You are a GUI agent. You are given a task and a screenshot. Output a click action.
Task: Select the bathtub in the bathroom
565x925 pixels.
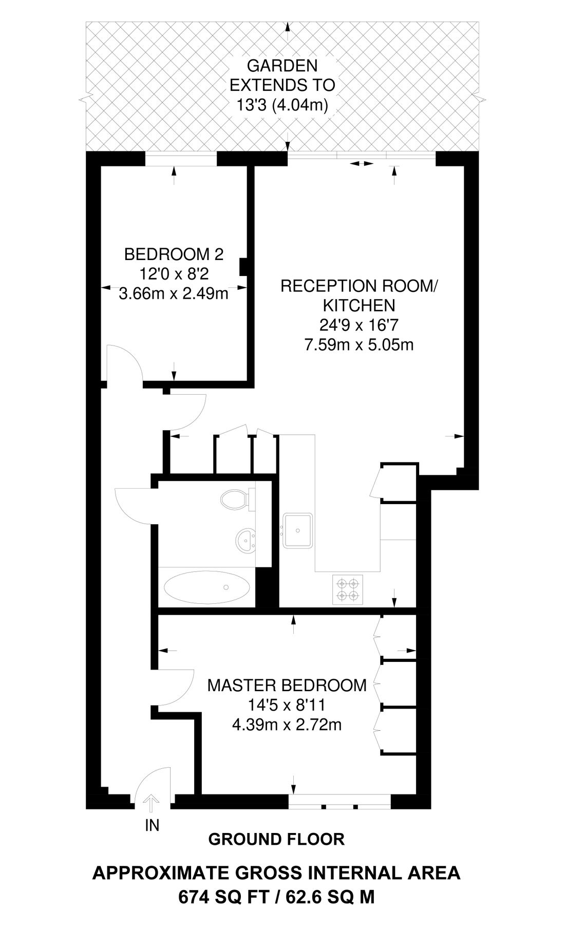point(207,587)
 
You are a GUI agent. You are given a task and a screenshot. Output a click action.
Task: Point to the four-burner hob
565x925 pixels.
point(347,589)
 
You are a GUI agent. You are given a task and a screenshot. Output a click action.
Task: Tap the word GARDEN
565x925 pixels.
point(282,66)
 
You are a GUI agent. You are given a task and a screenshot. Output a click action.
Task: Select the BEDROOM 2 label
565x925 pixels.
point(174,254)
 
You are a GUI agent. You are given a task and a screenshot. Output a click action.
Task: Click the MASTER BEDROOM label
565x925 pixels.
point(287,685)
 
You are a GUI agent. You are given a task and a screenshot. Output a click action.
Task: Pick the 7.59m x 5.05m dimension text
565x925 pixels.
point(359,344)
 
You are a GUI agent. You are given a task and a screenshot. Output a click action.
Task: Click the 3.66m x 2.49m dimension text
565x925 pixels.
point(174,294)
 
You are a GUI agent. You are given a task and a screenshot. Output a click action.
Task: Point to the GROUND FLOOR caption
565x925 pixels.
point(276,840)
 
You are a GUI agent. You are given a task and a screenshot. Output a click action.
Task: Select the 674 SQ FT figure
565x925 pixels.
point(222,897)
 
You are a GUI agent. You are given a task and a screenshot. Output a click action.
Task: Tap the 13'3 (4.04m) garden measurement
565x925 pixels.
point(282,105)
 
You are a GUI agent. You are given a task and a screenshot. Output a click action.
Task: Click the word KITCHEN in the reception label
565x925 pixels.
point(359,305)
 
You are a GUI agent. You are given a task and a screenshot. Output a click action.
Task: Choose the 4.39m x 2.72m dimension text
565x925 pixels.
point(287,725)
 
